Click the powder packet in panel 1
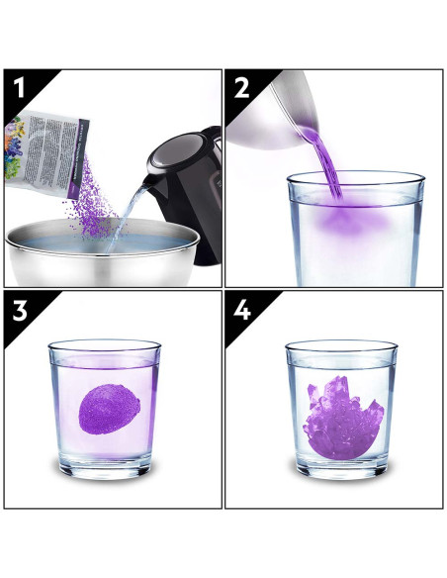[49, 148]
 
